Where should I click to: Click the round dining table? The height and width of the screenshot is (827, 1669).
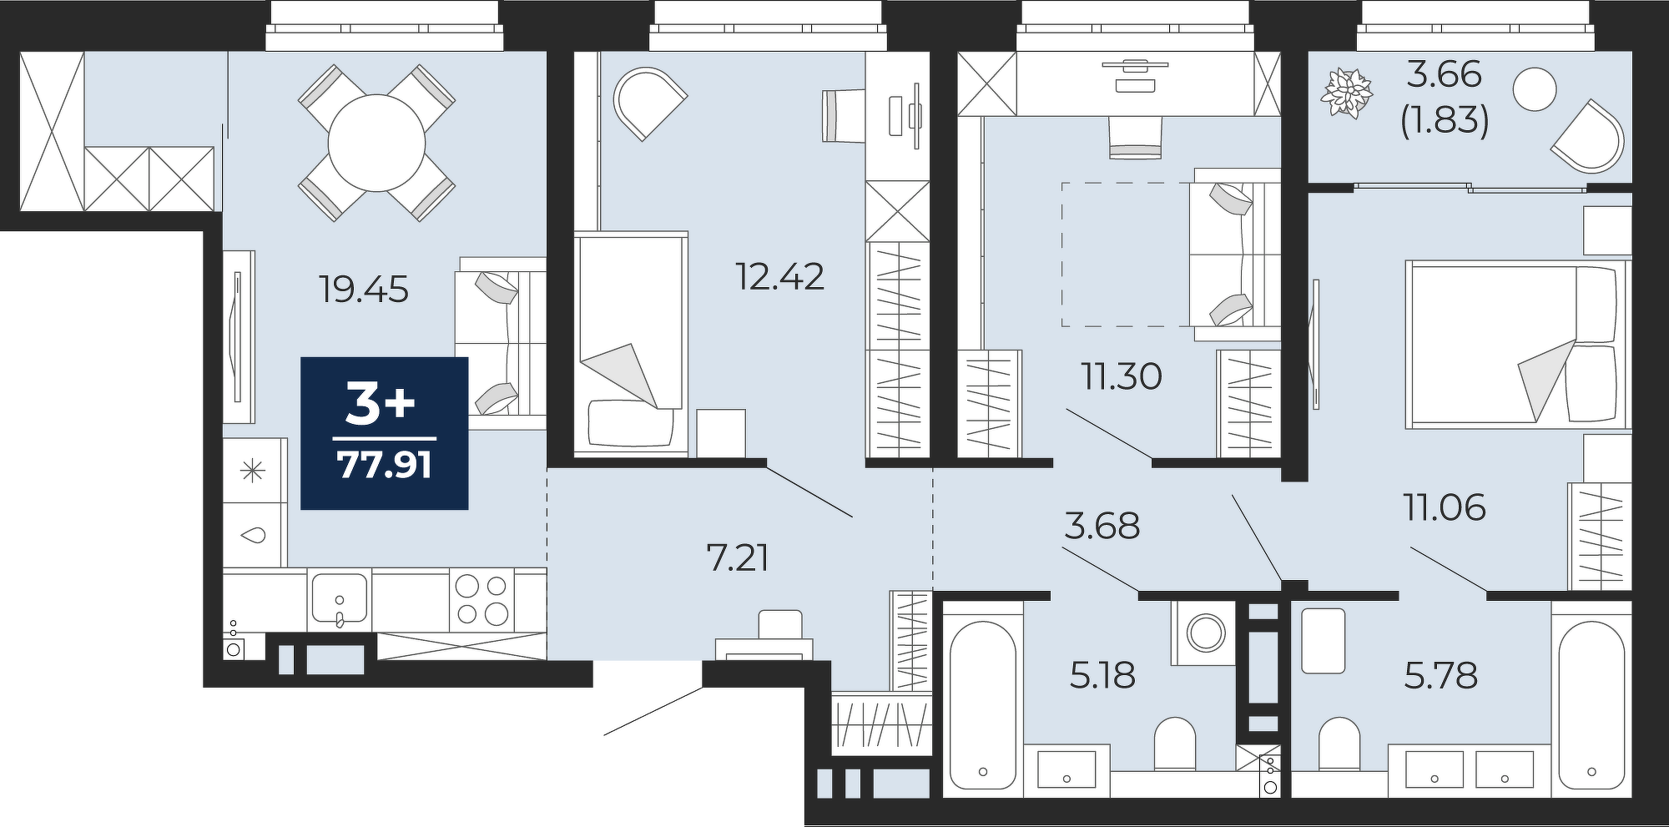coord(376,143)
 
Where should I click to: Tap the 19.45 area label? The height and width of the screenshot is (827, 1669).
coord(364,290)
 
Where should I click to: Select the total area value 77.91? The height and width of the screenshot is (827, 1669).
coord(385,465)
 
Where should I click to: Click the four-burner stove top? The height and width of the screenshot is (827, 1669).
coord(482,599)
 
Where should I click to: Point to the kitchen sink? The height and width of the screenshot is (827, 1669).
coord(339,599)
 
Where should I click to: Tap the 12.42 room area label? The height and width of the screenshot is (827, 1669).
coord(779,276)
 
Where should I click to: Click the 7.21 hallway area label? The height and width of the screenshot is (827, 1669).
coord(738,557)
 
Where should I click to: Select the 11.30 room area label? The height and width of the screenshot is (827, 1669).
coord(1122,376)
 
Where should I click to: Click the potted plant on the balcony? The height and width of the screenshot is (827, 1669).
coord(1346,93)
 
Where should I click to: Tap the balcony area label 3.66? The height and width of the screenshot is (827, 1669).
coord(1444,75)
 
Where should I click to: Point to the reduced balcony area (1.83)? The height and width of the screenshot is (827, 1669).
coord(1445,121)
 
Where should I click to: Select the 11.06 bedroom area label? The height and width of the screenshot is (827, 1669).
coord(1445,507)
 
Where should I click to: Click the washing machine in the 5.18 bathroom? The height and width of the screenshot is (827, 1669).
coord(1204,633)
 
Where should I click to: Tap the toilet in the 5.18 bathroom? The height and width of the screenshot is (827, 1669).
coord(1176,744)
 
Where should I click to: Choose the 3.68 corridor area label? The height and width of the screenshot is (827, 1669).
coord(1102,526)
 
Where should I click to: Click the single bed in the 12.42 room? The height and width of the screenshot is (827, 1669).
coord(631,345)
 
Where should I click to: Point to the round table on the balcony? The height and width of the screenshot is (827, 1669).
coord(1534,88)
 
